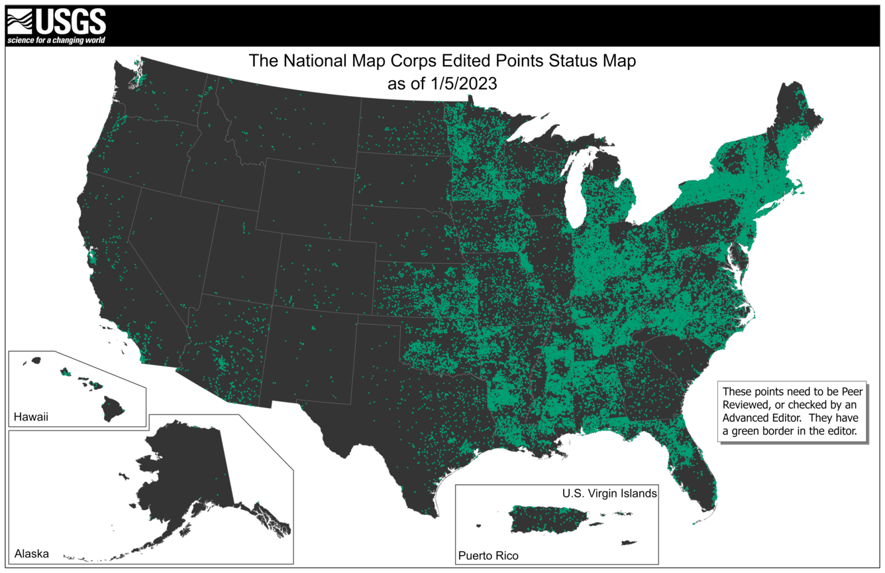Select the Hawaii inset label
pyautogui.click(x=31, y=417)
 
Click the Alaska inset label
pyautogui.click(x=31, y=554)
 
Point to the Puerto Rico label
pyautogui.click(x=488, y=555)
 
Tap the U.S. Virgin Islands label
pyautogui.click(x=609, y=493)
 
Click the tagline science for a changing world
pyautogui.click(x=56, y=40)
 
